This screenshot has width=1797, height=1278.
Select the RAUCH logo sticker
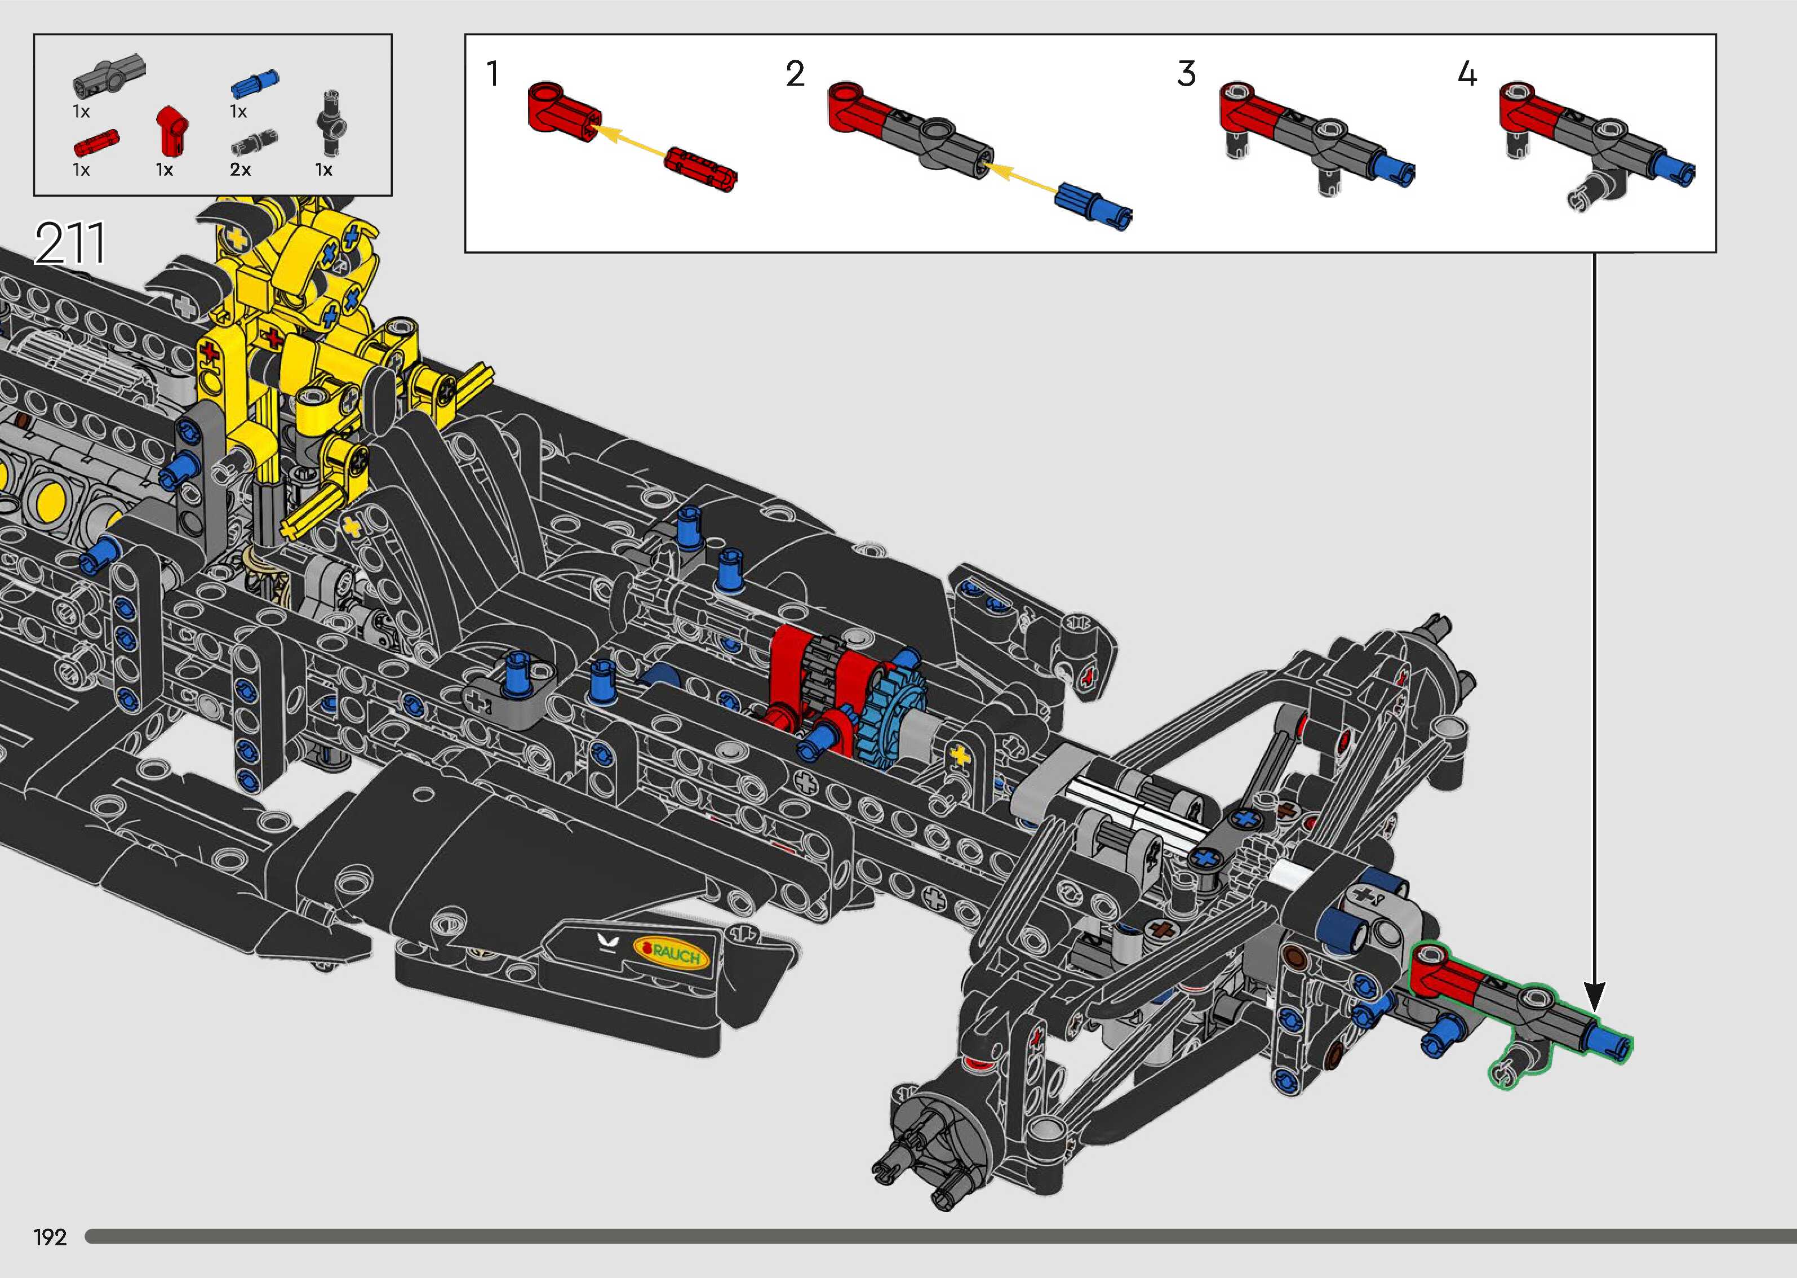coord(671,955)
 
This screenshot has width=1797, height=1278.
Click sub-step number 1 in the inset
coord(492,74)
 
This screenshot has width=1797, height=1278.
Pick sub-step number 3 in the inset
coord(1187,74)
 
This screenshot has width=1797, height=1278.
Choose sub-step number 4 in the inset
coord(1467,74)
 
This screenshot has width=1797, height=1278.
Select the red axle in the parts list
coord(96,143)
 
